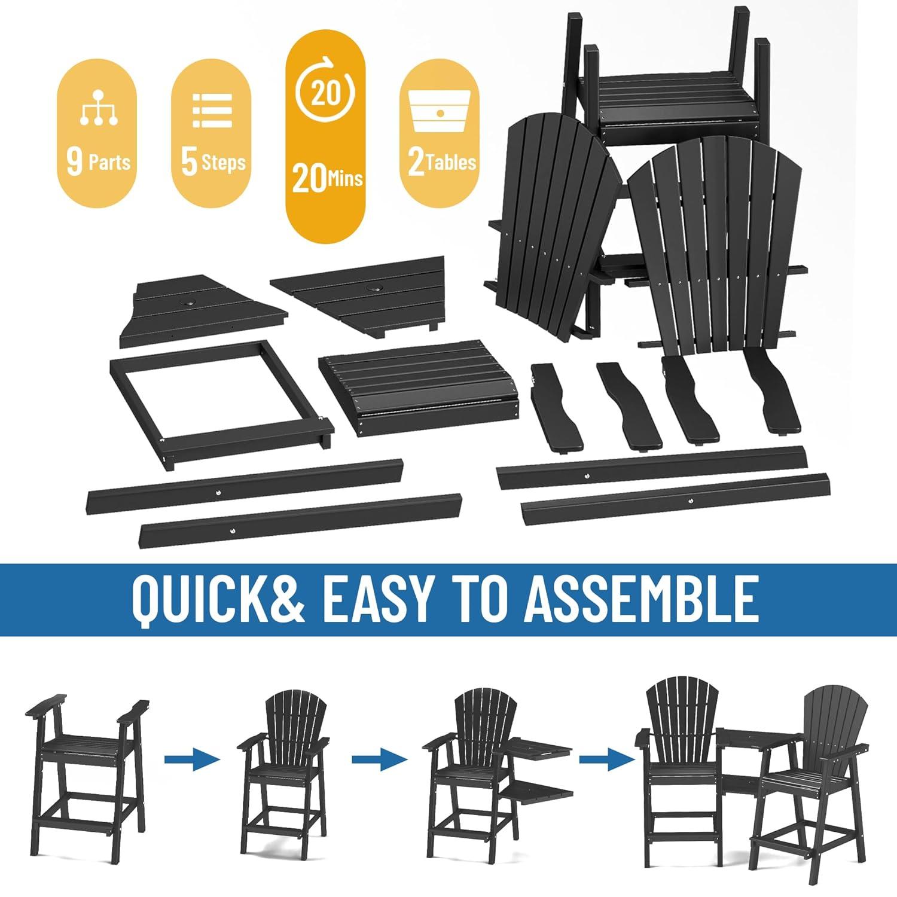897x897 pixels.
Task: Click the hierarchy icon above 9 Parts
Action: (97, 108)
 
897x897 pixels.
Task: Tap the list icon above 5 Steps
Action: (212, 110)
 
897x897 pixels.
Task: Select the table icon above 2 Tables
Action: (440, 112)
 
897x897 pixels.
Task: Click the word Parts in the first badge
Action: (109, 162)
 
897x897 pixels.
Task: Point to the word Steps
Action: (223, 163)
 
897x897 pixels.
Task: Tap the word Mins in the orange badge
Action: (344, 178)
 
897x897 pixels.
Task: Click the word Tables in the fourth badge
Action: (451, 162)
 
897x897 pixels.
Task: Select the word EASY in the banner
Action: (379, 599)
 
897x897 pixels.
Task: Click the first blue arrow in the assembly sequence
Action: (193, 759)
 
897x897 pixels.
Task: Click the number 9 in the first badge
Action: (74, 162)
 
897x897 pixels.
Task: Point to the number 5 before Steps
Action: (189, 163)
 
